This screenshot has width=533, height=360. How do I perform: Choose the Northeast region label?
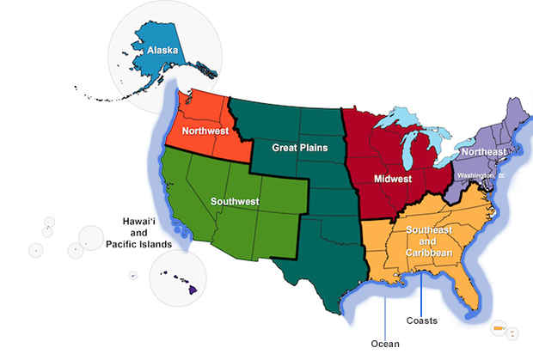tap(483, 152)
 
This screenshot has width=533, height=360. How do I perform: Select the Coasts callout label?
tap(421, 320)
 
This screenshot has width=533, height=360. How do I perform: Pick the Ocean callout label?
tap(384, 344)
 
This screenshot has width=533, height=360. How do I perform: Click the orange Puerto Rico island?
tap(499, 329)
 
